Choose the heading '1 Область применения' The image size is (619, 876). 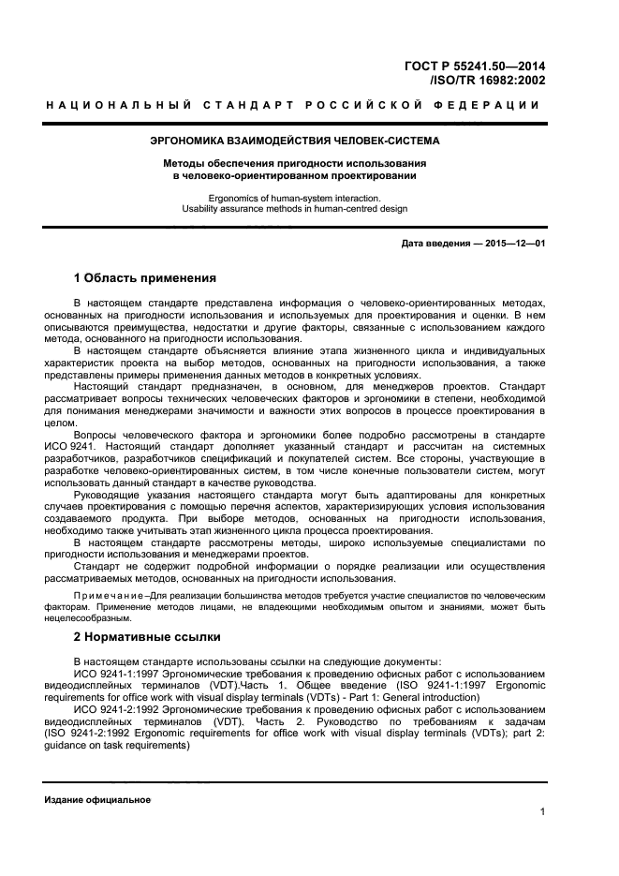pos(145,278)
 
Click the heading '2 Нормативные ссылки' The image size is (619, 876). pos(147,637)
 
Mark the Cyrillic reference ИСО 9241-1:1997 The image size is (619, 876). pos(116,673)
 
